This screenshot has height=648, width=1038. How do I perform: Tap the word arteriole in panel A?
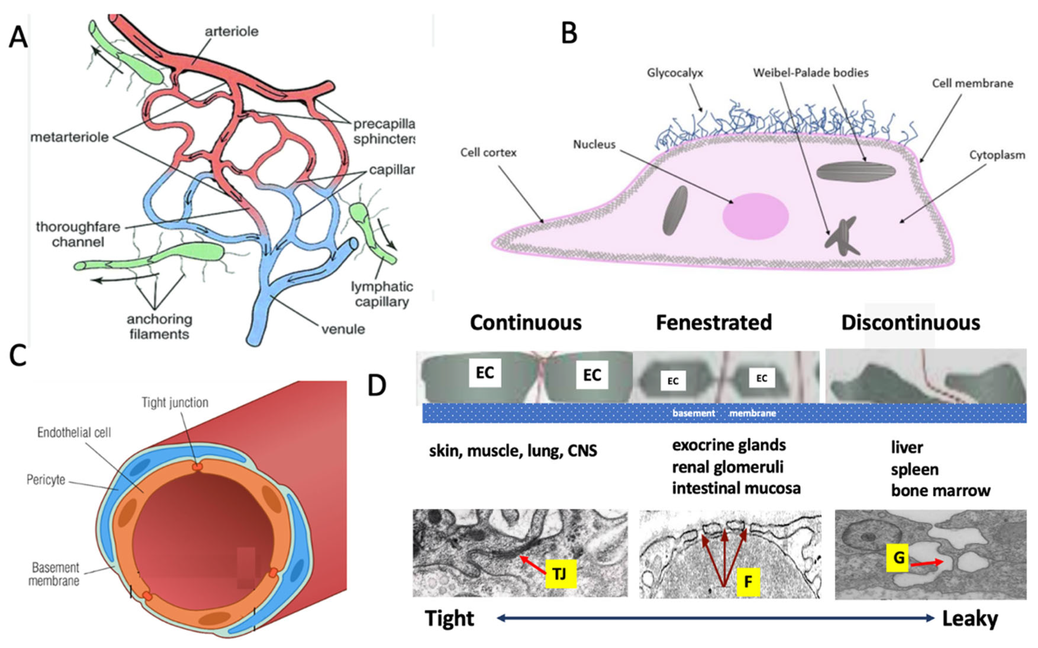click(x=231, y=32)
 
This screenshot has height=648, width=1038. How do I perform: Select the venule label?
click(x=343, y=329)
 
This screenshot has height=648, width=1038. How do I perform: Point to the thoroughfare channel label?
click(x=78, y=234)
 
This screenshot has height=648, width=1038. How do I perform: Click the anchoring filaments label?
click(x=159, y=327)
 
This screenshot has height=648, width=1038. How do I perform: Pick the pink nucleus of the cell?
click(x=755, y=216)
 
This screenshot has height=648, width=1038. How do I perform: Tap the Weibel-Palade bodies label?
click(x=811, y=73)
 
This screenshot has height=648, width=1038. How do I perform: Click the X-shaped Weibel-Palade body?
click(x=842, y=237)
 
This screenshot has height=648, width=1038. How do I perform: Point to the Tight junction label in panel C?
click(x=175, y=403)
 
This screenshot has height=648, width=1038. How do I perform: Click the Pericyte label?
click(x=46, y=480)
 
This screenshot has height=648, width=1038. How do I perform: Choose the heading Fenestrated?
click(x=713, y=322)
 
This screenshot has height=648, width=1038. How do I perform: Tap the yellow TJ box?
click(x=561, y=573)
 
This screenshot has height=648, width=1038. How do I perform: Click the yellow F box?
click(x=748, y=581)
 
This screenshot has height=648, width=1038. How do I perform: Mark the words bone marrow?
click(x=940, y=491)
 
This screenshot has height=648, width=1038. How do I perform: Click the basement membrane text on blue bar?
click(x=724, y=413)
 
